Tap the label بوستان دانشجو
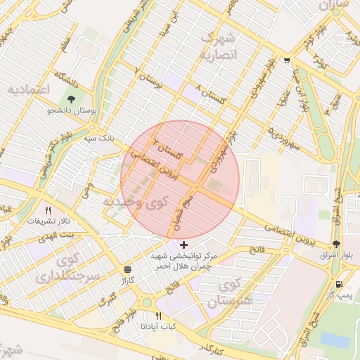[x=72, y=110]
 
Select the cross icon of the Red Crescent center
[x=184, y=245]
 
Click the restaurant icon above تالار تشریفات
[x=49, y=210]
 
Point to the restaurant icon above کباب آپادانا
[x=158, y=316]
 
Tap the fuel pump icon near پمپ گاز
[x=340, y=285]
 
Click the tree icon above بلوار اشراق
[x=337, y=243]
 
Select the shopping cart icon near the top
[x=286, y=60]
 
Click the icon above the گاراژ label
[x=127, y=269]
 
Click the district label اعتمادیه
[x=28, y=89]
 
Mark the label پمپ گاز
[x=340, y=295]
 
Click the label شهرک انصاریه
[x=219, y=46]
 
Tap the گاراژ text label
[x=127, y=280]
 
